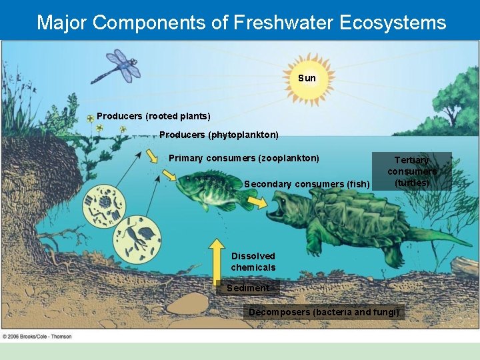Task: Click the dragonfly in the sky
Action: (x=119, y=66)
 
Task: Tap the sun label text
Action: (x=307, y=78)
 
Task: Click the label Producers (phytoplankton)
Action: (x=219, y=135)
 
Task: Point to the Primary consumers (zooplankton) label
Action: (x=244, y=158)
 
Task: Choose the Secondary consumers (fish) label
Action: (x=307, y=184)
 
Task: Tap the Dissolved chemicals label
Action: (x=253, y=262)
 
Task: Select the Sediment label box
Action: (x=247, y=288)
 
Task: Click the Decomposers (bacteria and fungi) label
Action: (x=324, y=311)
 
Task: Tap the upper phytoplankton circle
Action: (x=104, y=206)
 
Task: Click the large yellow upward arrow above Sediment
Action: (x=218, y=259)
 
